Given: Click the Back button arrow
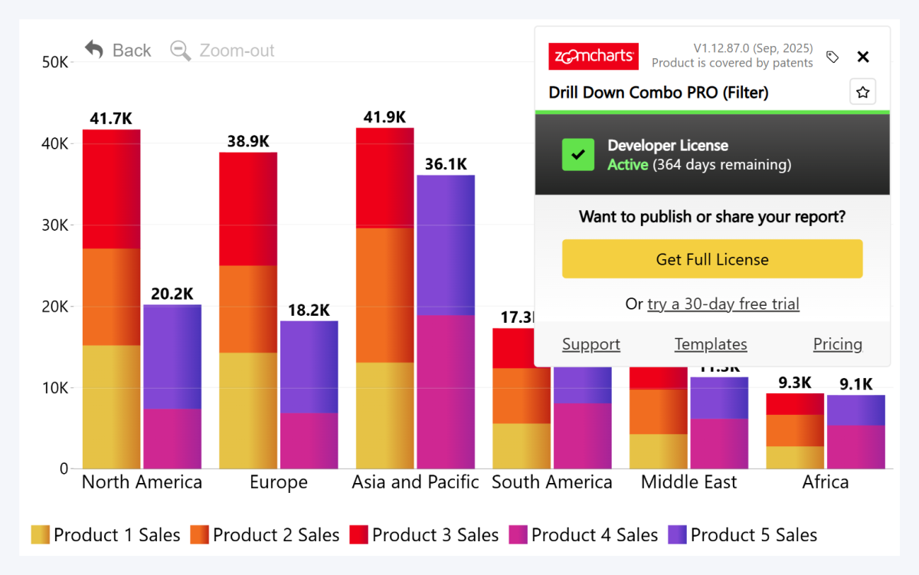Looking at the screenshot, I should (x=94, y=50).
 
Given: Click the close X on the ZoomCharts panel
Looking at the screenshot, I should (x=863, y=57).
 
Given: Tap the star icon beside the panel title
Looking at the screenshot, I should (x=863, y=92).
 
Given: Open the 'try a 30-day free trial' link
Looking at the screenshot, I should (x=723, y=304).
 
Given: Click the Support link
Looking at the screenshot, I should (x=591, y=344).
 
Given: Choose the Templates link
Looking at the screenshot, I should (x=711, y=344).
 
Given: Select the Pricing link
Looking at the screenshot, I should (x=838, y=344).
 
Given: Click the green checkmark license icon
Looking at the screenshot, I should (x=578, y=155).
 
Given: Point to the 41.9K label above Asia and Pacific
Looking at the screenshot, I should (x=384, y=117).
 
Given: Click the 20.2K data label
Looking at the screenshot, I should (x=172, y=294).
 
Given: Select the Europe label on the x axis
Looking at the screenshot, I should (x=279, y=482).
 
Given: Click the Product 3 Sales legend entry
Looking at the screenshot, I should (x=424, y=535).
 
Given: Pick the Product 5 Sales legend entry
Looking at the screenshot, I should (x=743, y=535).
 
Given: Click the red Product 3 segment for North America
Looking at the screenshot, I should (x=111, y=189).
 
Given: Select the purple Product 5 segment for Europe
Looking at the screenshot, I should (x=309, y=366).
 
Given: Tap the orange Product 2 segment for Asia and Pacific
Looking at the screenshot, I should (x=384, y=295).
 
